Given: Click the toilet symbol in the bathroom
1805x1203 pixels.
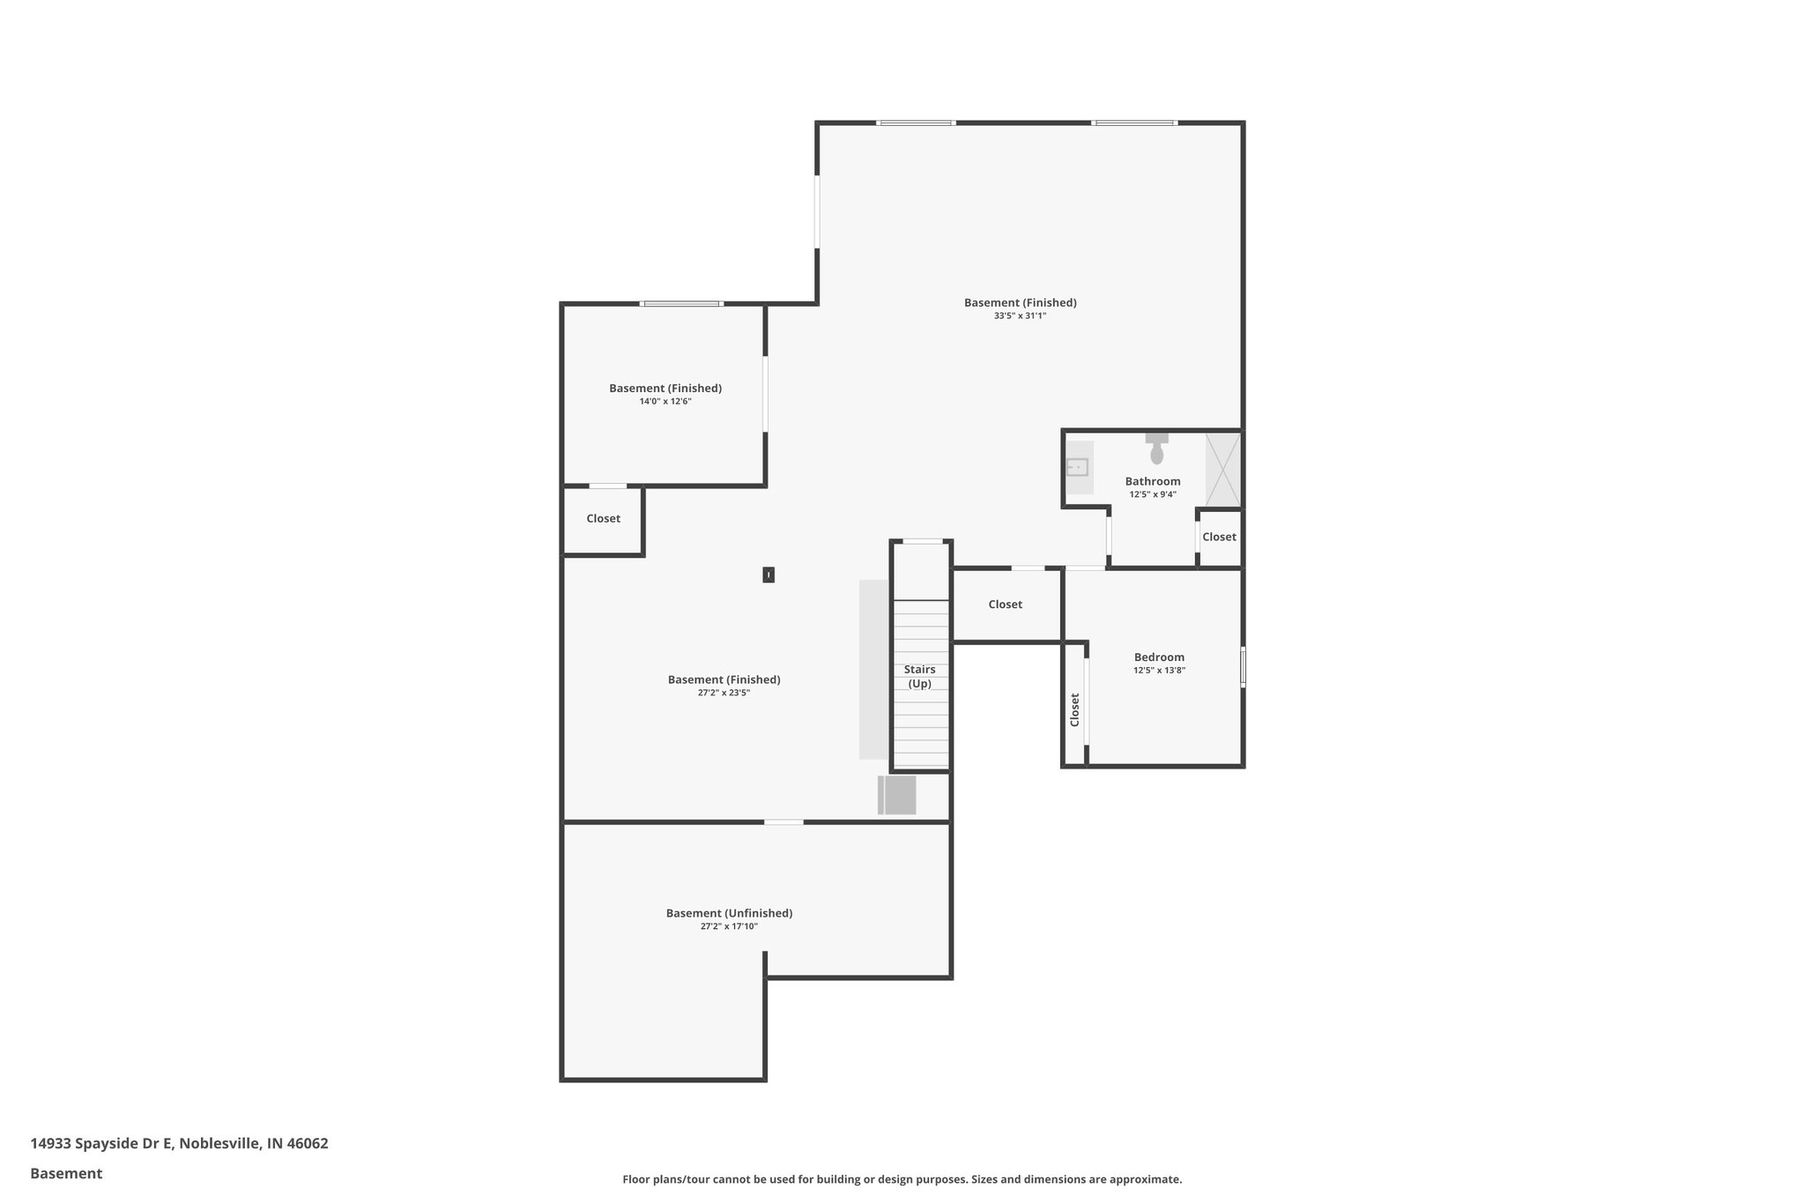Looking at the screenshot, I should pyautogui.click(x=1156, y=450).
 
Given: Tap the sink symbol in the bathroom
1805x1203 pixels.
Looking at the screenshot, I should pyautogui.click(x=1077, y=467).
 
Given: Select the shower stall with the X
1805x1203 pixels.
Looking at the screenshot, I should pyautogui.click(x=1222, y=469).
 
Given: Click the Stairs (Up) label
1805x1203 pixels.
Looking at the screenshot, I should pyautogui.click(x=919, y=677).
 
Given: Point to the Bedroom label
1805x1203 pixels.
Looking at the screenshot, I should pyautogui.click(x=1159, y=657).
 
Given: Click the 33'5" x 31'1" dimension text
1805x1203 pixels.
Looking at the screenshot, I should pyautogui.click(x=1020, y=316).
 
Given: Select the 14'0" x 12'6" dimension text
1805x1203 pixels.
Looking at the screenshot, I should pyautogui.click(x=665, y=401).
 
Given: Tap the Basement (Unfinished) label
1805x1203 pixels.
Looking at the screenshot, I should pyautogui.click(x=729, y=913).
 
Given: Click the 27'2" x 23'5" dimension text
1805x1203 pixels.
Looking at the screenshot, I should pyautogui.click(x=724, y=693).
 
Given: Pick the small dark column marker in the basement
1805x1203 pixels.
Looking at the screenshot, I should pyautogui.click(x=769, y=575).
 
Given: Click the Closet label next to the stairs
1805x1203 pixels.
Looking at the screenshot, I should pyautogui.click(x=1005, y=605).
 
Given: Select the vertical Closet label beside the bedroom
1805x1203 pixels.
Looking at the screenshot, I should pyautogui.click(x=1074, y=709).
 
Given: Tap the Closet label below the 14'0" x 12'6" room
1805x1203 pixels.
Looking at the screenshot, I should pyautogui.click(x=603, y=518).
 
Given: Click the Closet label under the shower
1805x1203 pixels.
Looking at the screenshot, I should pyautogui.click(x=1219, y=537).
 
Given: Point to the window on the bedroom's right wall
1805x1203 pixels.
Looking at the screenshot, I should pyautogui.click(x=1243, y=667).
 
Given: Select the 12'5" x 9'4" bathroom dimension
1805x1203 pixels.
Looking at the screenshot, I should pyautogui.click(x=1153, y=494).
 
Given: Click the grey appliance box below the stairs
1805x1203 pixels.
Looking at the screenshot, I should pyautogui.click(x=898, y=795).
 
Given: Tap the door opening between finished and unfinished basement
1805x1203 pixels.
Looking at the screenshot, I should pyautogui.click(x=784, y=822).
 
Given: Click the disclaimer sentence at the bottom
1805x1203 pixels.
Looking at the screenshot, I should pyautogui.click(x=902, y=1179).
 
